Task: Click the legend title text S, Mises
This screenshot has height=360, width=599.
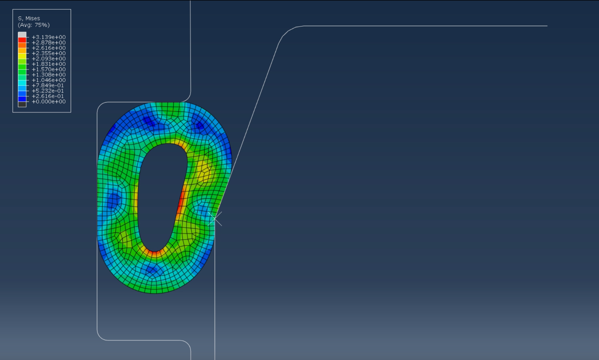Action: [x=29, y=18]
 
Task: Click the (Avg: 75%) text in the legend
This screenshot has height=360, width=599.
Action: [x=34, y=25]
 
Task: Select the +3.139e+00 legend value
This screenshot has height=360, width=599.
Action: [x=49, y=37]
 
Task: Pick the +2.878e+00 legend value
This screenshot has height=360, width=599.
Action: [x=49, y=43]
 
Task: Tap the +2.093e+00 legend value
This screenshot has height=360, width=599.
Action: [x=49, y=59]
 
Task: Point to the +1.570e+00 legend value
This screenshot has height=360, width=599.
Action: [x=49, y=69]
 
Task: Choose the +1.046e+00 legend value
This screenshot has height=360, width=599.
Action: [x=49, y=80]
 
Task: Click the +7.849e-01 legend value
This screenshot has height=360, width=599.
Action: [x=48, y=85]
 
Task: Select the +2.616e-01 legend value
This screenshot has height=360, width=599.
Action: [x=48, y=96]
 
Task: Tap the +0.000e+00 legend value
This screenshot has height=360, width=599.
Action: [x=49, y=101]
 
